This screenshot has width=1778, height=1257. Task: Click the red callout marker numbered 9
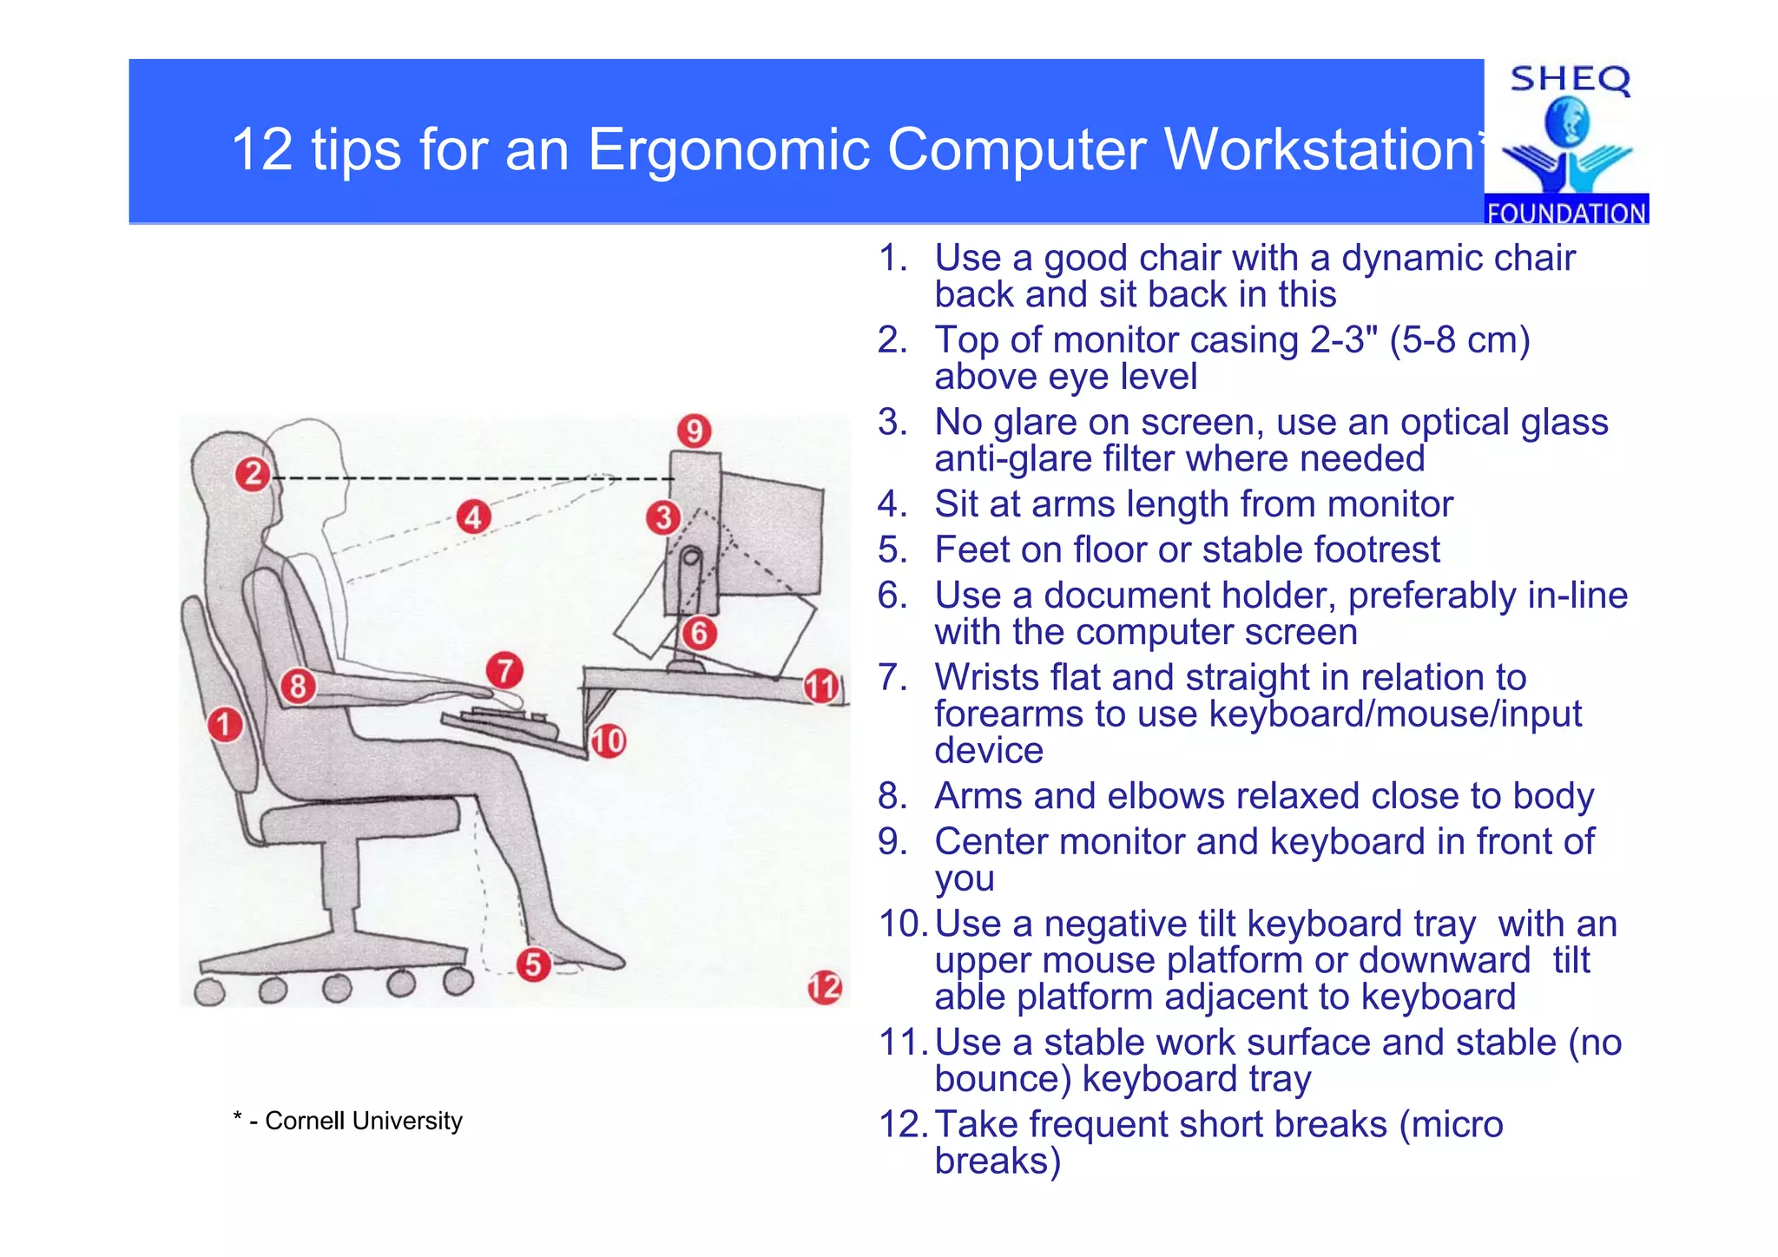pyautogui.click(x=694, y=431)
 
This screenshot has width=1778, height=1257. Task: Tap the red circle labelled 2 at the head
pyautogui.click(x=253, y=474)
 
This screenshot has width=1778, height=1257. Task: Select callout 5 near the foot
pyautogui.click(x=533, y=964)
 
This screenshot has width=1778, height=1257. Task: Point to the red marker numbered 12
pyautogui.click(x=824, y=987)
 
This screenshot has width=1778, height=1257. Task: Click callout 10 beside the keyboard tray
pyautogui.click(x=609, y=740)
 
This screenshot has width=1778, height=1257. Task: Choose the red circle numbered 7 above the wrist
pyautogui.click(x=504, y=671)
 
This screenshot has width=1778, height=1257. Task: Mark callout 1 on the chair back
pyautogui.click(x=225, y=724)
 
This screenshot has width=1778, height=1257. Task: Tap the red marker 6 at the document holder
pyautogui.click(x=699, y=633)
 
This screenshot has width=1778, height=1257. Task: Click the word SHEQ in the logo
pyautogui.click(x=1570, y=80)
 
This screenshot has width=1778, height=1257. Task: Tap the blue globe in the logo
pyautogui.click(x=1566, y=122)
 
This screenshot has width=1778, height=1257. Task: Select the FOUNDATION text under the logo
pyautogui.click(x=1566, y=213)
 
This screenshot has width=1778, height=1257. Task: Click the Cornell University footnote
pyautogui.click(x=348, y=1121)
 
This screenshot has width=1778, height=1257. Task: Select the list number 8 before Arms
pyautogui.click(x=892, y=796)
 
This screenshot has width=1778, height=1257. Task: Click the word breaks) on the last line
pyautogui.click(x=997, y=1161)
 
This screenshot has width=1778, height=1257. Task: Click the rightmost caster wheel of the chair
pyautogui.click(x=458, y=982)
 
